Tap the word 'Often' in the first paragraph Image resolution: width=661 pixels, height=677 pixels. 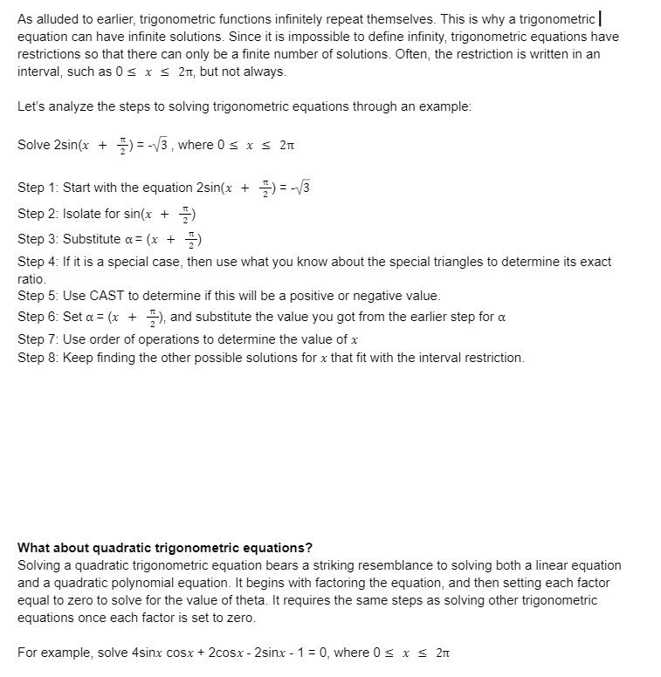coord(492,53)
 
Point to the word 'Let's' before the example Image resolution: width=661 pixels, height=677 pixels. coord(31,106)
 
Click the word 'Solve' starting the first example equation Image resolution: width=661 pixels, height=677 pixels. coord(34,145)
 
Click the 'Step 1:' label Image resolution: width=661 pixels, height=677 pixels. coord(38,188)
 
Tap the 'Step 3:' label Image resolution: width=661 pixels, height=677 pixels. coord(38,240)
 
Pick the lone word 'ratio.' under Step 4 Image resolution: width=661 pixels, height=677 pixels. coord(32,279)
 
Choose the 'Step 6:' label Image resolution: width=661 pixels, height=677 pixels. coord(38,317)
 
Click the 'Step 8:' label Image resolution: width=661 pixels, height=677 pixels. coord(38,358)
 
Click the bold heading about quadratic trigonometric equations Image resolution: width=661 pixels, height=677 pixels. coord(165,548)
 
